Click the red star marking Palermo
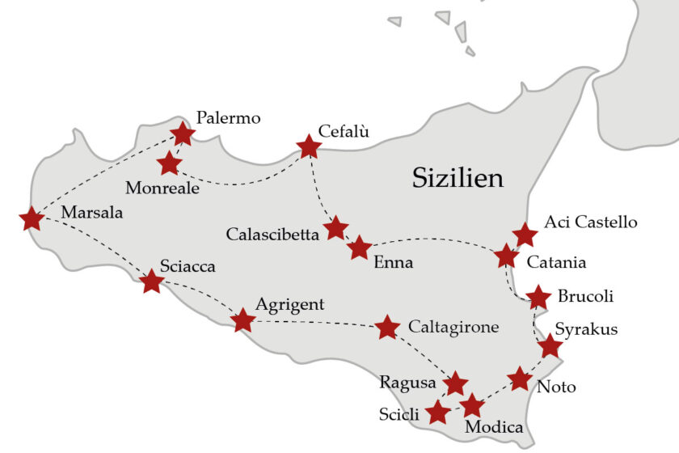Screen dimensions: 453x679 [183, 133]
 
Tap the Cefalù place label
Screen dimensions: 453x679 [344, 131]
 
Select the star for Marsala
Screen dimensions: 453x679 [32, 218]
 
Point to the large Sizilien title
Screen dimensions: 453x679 [458, 177]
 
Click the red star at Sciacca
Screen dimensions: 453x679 [151, 282]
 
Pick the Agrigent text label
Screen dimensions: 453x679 [289, 305]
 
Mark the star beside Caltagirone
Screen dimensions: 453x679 [388, 327]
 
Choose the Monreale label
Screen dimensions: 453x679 [162, 188]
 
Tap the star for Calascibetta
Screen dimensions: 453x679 [335, 228]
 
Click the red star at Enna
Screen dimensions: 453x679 [359, 248]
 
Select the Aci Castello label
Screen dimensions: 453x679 [591, 222]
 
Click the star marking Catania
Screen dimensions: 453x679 [506, 256]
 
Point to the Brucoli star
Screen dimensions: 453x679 [538, 297]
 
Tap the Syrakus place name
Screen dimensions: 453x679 [587, 329]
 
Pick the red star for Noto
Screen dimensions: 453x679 [520, 378]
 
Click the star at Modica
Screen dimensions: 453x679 [471, 405]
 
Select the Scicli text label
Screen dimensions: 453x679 [399, 415]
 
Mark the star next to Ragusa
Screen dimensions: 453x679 [457, 383]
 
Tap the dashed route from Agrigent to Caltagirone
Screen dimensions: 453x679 [315, 323]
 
